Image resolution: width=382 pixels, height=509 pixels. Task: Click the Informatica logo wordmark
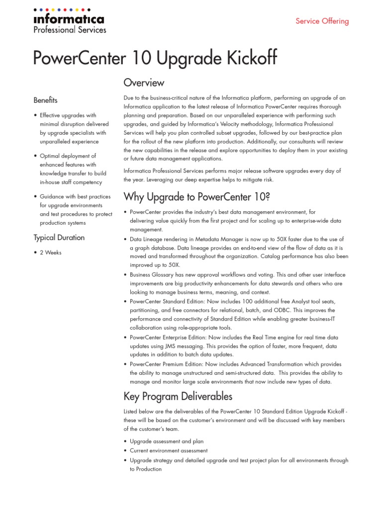69,19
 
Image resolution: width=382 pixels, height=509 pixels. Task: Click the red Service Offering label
322,21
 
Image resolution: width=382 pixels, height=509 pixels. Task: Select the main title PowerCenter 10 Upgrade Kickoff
155,58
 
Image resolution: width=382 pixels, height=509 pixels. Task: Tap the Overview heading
144,83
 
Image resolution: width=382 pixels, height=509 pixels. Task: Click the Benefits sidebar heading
45,100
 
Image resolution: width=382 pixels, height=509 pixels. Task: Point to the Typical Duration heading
59,238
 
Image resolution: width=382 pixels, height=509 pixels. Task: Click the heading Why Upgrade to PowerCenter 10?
196,197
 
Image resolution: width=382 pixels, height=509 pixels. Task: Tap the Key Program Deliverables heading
178,396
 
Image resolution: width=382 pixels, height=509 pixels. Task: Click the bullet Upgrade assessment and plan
167,441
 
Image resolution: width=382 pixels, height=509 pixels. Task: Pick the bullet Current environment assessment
169,451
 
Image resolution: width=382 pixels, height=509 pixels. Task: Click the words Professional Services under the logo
70,30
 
